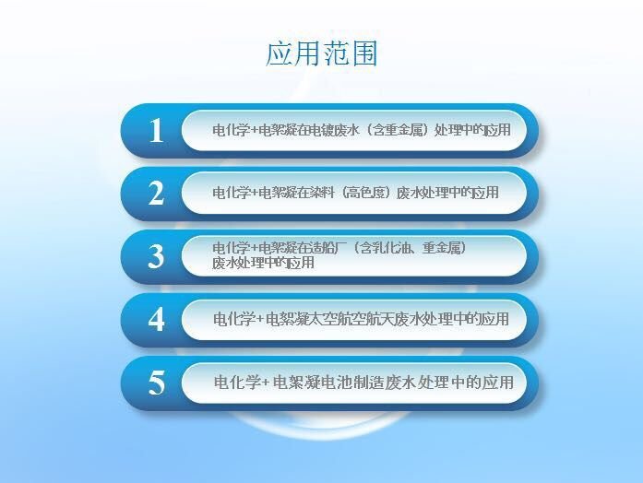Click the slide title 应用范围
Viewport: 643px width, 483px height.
pyautogui.click(x=321, y=53)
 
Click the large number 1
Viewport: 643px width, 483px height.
pyautogui.click(x=156, y=131)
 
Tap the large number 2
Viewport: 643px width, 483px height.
pyautogui.click(x=156, y=193)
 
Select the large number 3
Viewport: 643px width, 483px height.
pyautogui.click(x=156, y=256)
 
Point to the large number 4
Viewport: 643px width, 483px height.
pyautogui.click(x=156, y=319)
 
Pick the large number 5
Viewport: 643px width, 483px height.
pyautogui.click(x=156, y=383)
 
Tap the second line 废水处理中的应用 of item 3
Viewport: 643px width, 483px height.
pyautogui.click(x=263, y=263)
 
